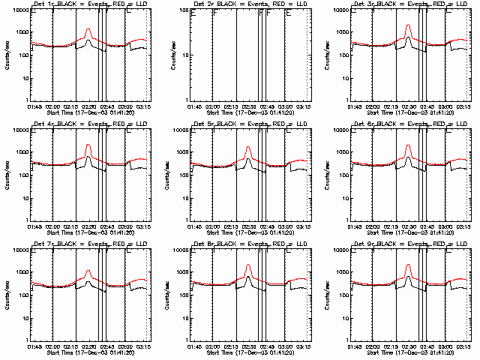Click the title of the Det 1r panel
click(90, 5)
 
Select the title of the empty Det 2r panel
click(250, 5)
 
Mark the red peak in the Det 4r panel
click(88, 144)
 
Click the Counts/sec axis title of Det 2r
click(166, 55)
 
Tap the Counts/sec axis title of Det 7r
click(6, 295)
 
